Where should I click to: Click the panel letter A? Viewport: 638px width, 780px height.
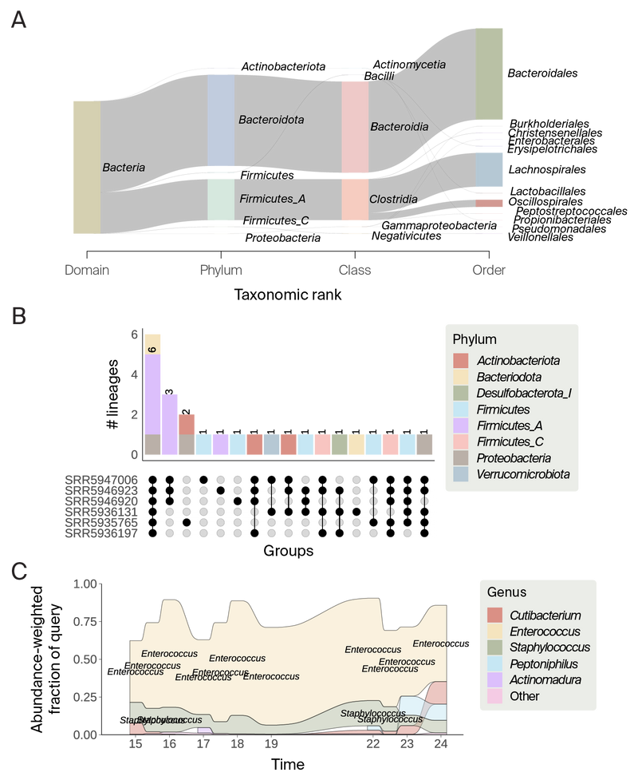[18, 20]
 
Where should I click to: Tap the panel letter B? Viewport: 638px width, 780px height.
[18, 315]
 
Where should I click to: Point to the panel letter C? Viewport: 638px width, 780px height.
[18, 572]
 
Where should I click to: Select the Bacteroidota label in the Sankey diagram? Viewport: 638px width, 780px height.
[271, 120]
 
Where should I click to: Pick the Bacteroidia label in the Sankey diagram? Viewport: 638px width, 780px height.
[400, 127]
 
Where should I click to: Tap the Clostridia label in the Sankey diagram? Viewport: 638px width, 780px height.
[393, 200]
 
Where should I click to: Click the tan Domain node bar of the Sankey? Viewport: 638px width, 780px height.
[85, 168]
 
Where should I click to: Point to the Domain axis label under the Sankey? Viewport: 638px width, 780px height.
[86, 270]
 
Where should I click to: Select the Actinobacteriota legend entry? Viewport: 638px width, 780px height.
[518, 361]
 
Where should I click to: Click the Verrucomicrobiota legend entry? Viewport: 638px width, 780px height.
[523, 475]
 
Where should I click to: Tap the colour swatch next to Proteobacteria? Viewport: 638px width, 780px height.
[460, 457]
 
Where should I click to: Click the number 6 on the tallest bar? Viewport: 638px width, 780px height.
[152, 349]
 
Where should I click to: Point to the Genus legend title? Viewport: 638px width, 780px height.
[507, 592]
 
